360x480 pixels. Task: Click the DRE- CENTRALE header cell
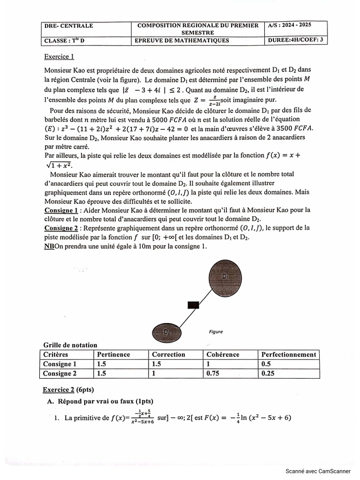coord(68,26)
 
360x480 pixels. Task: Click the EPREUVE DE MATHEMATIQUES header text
coord(182,40)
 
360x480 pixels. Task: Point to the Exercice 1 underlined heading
coord(59,57)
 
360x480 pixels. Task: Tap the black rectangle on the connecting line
coord(193,305)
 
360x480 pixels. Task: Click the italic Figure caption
coord(216,332)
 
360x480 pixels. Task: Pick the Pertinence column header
coord(113,355)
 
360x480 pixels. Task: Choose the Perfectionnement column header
coord(288,355)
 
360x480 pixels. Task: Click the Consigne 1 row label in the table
coord(60,364)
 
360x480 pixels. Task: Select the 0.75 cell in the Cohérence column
coord(214,374)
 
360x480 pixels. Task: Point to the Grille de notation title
coord(70,345)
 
